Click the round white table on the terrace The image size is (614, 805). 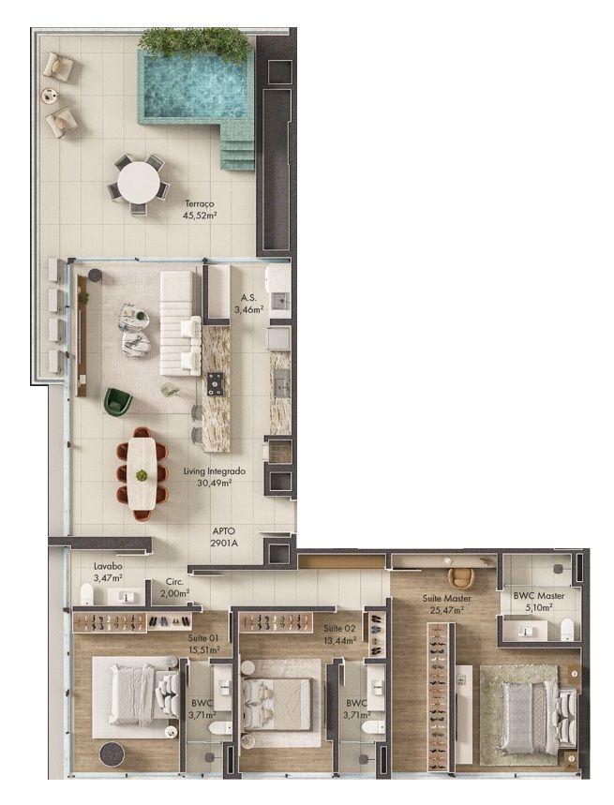click(138, 183)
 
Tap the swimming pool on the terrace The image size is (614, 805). click(196, 89)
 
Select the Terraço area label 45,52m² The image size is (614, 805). click(199, 216)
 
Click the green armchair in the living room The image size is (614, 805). click(117, 401)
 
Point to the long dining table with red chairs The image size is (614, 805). click(142, 473)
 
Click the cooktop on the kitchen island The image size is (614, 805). click(215, 383)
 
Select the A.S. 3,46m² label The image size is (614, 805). click(249, 304)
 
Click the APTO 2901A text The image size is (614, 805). click(224, 537)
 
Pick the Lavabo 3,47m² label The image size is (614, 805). click(108, 572)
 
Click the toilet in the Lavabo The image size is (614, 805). click(87, 594)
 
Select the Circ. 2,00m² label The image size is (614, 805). click(174, 588)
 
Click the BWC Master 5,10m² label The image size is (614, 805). click(538, 602)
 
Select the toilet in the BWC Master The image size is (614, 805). click(567, 629)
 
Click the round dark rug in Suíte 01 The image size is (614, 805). click(112, 754)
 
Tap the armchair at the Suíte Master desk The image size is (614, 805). click(460, 578)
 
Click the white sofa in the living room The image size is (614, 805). click(180, 323)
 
